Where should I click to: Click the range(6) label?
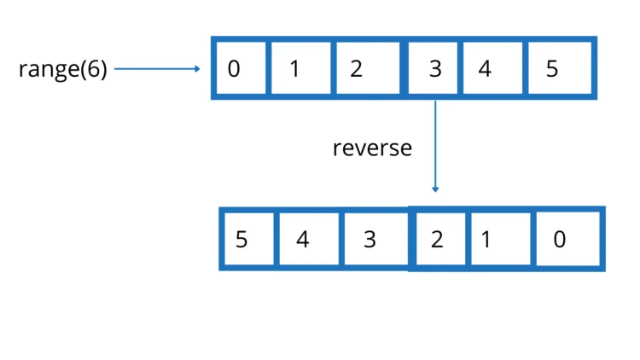point(63,69)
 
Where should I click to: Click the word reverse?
point(372,148)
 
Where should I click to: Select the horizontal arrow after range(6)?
point(158,69)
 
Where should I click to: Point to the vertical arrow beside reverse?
point(435,145)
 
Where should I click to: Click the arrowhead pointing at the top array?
point(198,69)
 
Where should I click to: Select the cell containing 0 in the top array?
point(240,68)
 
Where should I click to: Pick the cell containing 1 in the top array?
point(299,68)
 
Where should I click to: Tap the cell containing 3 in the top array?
point(433,68)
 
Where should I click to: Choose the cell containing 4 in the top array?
point(488,68)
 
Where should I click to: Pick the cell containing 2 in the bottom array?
point(439,239)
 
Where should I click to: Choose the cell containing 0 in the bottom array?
point(566,239)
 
